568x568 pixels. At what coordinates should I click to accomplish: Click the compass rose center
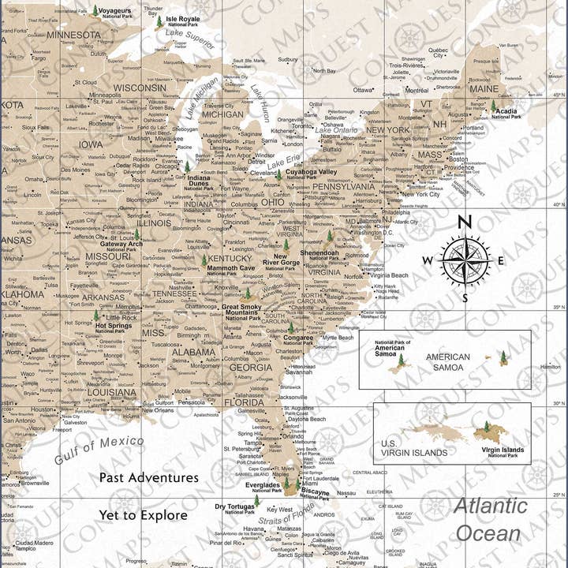465,260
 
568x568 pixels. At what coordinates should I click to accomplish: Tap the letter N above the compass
465,222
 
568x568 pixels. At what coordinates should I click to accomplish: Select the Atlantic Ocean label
488,519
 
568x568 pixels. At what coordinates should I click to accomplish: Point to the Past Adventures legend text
148,478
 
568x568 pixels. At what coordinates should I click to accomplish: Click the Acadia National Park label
506,113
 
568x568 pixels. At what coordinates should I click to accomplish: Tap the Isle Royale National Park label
182,21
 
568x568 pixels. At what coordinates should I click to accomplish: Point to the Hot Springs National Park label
113,327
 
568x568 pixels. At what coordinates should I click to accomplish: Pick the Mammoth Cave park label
230,271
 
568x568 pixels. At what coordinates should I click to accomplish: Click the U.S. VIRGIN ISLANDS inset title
414,448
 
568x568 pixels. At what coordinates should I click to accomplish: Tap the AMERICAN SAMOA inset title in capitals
448,361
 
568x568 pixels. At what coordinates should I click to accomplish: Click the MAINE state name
484,89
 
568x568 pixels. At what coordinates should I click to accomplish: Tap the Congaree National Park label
298,340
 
